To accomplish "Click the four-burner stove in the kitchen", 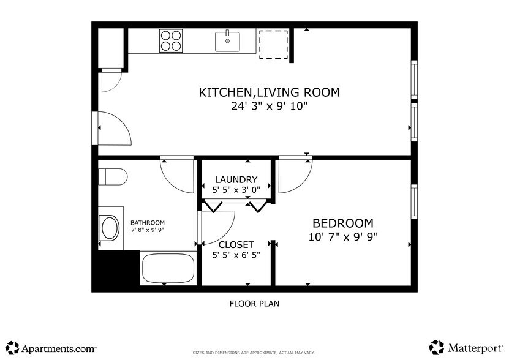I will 171,40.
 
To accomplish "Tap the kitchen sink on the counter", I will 227,41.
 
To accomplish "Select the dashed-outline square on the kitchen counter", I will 273,43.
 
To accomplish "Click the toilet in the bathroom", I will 111,177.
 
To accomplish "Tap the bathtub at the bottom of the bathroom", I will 168,268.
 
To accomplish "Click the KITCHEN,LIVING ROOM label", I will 269,92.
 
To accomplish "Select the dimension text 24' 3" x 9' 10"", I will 269,107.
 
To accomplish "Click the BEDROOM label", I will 342,223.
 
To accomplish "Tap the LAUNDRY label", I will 236,179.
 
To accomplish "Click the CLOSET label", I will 236,244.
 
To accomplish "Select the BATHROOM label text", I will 147,223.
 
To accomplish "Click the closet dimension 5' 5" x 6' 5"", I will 236,255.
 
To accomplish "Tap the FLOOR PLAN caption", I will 254,303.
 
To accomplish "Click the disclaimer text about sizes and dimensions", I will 254,353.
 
